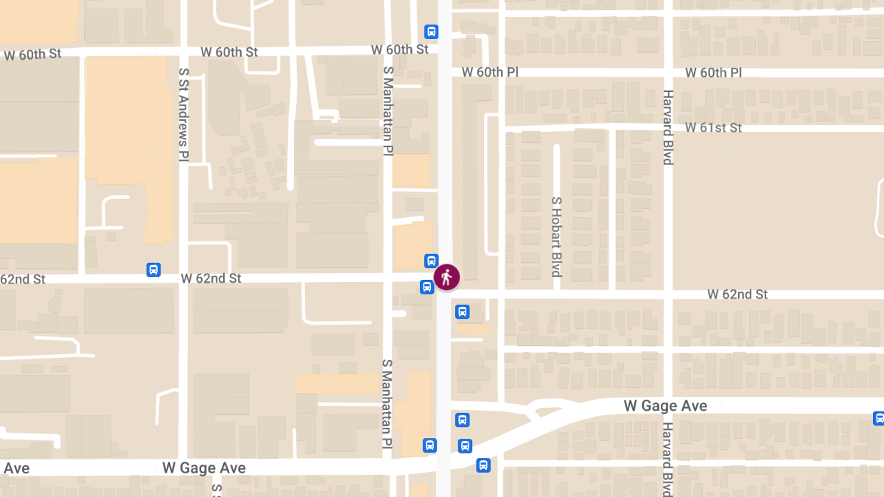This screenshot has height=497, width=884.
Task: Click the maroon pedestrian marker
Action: pyautogui.click(x=446, y=278)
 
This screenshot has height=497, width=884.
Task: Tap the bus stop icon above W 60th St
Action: pyautogui.click(x=432, y=32)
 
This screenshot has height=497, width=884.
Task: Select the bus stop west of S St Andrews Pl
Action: pyautogui.click(x=153, y=269)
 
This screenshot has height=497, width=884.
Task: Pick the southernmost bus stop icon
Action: pyautogui.click(x=483, y=465)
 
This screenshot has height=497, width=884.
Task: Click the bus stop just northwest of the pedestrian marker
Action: pyautogui.click(x=432, y=260)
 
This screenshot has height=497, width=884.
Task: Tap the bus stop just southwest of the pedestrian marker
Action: pyautogui.click(x=427, y=286)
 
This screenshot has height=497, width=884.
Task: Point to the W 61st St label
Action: pyautogui.click(x=713, y=128)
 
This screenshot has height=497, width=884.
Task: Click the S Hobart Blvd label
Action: pyautogui.click(x=557, y=237)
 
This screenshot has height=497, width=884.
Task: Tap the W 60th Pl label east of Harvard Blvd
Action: pyautogui.click(x=713, y=73)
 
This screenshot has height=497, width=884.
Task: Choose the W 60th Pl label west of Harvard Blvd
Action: pyautogui.click(x=491, y=72)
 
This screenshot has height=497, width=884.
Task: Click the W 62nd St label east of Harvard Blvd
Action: pyautogui.click(x=737, y=295)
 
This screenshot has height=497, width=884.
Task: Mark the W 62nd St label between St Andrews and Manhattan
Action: pyautogui.click(x=211, y=278)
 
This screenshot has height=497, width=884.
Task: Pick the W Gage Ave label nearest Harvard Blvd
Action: pyautogui.click(x=665, y=406)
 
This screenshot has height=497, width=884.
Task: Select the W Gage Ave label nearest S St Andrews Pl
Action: pyautogui.click(x=204, y=468)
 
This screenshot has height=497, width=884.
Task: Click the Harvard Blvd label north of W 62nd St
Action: pyautogui.click(x=667, y=127)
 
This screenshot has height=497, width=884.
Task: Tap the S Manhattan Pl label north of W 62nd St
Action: pyautogui.click(x=387, y=110)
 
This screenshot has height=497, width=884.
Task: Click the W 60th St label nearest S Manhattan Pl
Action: pyautogui.click(x=399, y=49)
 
